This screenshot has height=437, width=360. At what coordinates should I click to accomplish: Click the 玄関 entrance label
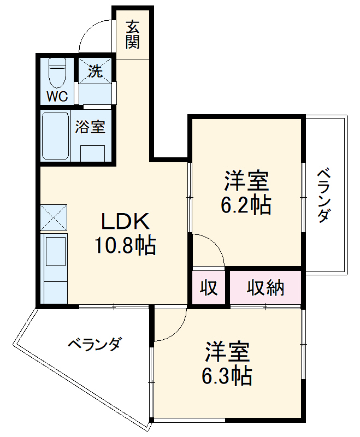point(132,34)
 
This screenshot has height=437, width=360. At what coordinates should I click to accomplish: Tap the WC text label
point(57,97)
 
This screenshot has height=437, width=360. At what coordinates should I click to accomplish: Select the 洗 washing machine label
point(96,71)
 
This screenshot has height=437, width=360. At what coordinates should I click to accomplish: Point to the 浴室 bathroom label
point(90,127)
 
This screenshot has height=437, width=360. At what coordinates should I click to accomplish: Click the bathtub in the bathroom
point(55,136)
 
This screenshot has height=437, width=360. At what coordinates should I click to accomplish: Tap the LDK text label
point(125,222)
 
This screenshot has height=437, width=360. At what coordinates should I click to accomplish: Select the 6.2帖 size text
point(246,205)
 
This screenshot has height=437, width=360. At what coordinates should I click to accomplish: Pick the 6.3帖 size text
point(228,376)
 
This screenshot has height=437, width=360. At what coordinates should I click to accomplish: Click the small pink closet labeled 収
point(208,287)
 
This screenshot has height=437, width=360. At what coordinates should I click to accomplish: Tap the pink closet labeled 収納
point(265,287)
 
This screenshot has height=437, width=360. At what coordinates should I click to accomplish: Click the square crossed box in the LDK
point(54,217)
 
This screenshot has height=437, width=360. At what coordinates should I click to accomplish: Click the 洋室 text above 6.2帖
point(246,180)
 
